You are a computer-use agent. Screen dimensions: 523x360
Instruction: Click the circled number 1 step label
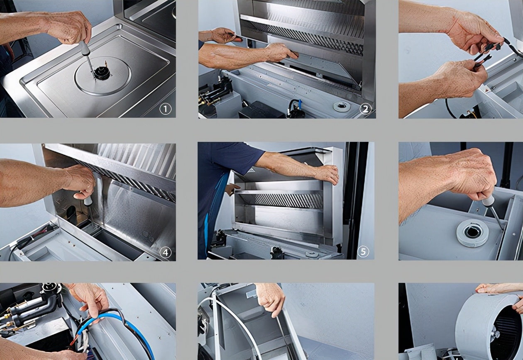coord(165,109)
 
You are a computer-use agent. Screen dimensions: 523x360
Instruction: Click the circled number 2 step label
coord(365,109)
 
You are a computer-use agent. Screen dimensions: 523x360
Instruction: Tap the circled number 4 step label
coord(165,253)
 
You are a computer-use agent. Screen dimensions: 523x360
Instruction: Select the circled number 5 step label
coord(363,252)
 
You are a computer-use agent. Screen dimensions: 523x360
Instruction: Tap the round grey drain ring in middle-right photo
coord(473,234)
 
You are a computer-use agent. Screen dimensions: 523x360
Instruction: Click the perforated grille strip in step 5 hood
coord(289,200)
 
